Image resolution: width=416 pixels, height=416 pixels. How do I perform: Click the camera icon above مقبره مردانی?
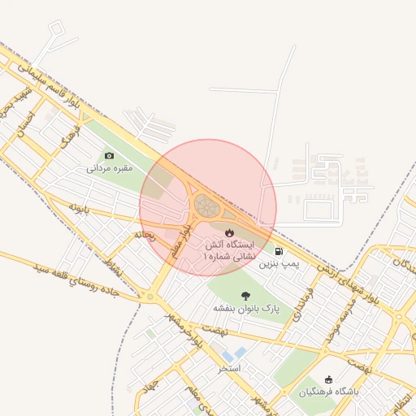[x=110, y=155]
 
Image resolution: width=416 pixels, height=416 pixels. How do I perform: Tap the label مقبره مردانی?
[x=110, y=169]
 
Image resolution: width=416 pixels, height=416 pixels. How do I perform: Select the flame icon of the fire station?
[x=228, y=232]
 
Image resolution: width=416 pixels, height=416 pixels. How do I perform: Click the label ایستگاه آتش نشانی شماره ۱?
[x=228, y=249]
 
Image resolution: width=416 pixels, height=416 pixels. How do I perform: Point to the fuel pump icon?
[x=279, y=252]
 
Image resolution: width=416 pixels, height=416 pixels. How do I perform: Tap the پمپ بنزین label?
[x=279, y=265]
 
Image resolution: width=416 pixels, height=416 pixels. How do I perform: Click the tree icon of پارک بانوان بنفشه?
[x=246, y=296]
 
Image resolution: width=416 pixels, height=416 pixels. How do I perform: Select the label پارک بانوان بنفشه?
[x=246, y=309]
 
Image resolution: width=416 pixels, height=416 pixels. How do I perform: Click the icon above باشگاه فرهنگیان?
[x=328, y=379]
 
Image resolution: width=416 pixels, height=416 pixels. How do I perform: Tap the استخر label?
[x=230, y=368]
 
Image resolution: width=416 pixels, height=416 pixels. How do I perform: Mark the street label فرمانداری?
[x=302, y=301]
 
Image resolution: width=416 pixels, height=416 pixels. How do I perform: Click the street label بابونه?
[x=78, y=208]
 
